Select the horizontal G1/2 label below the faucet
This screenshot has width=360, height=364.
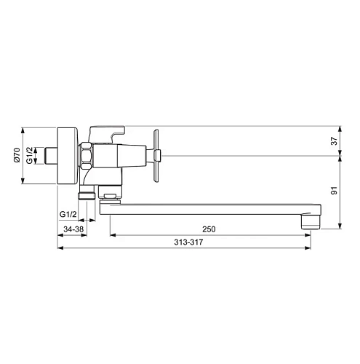(x=68, y=214)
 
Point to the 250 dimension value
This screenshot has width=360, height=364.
(x=210, y=229)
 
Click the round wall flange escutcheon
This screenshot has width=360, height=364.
(x=67, y=156)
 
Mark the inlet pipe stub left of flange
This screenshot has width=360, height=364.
(x=51, y=156)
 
